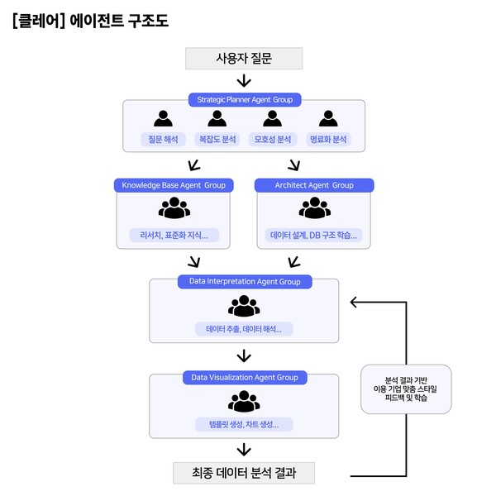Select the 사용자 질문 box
(x=244, y=58)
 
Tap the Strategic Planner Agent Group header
(x=244, y=99)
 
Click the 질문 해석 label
(x=163, y=139)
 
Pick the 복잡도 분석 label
(x=217, y=139)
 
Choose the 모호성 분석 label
(x=273, y=139)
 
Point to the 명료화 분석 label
(x=328, y=139)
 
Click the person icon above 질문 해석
(x=163, y=118)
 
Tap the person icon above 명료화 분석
(x=328, y=118)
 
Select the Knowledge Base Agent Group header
(x=174, y=185)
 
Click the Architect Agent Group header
(x=314, y=185)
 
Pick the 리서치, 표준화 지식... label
(x=174, y=236)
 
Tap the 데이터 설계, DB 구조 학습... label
(x=314, y=236)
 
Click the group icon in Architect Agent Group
(x=314, y=209)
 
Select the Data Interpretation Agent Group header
(x=244, y=282)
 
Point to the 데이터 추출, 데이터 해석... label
(x=244, y=329)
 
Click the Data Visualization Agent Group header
(x=244, y=377)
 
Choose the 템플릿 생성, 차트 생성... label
(x=244, y=425)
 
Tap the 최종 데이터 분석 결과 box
(x=244, y=474)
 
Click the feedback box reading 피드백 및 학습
(x=406, y=389)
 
